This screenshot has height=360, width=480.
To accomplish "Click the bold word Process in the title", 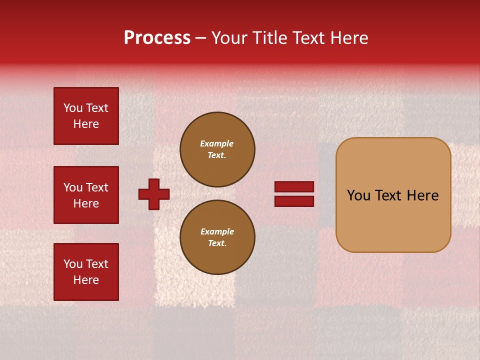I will [157, 38].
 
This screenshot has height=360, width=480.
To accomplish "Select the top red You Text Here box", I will [86, 116].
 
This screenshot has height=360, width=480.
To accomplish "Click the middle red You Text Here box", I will [86, 195].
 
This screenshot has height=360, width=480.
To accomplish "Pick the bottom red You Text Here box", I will [86, 272].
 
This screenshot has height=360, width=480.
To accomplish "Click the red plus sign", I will [154, 194].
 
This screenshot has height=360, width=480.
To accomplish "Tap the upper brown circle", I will [217, 149].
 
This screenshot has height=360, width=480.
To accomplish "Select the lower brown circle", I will [217, 237].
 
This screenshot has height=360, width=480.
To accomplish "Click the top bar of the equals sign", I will [294, 186].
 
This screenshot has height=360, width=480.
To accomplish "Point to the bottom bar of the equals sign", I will [294, 201].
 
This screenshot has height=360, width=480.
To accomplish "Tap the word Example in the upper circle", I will [217, 143].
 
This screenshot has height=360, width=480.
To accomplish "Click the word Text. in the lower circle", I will [217, 243].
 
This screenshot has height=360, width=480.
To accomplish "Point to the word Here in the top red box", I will [86, 124].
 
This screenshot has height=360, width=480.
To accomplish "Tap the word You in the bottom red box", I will [73, 264].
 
